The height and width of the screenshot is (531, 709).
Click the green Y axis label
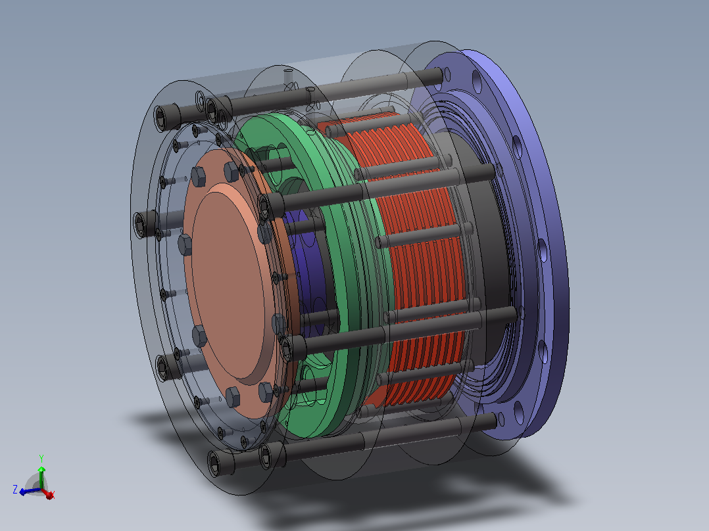(41, 459)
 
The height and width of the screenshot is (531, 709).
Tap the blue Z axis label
(15, 490)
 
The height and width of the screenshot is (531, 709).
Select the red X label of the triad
(51, 496)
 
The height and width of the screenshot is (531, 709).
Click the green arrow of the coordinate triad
(41, 476)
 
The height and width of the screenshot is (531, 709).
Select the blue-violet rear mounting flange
(533, 244)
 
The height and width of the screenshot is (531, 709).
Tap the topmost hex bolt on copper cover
(231, 172)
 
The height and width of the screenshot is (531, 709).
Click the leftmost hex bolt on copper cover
(185, 244)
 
